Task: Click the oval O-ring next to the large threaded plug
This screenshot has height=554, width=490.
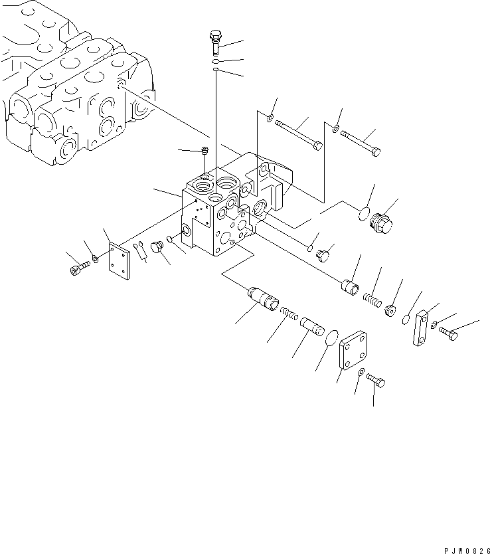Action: point(362,213)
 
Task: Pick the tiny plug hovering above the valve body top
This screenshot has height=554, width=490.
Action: point(204,151)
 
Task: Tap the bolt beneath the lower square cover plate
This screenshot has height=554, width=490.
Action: point(376,381)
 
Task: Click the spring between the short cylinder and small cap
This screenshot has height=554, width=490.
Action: point(373,301)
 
